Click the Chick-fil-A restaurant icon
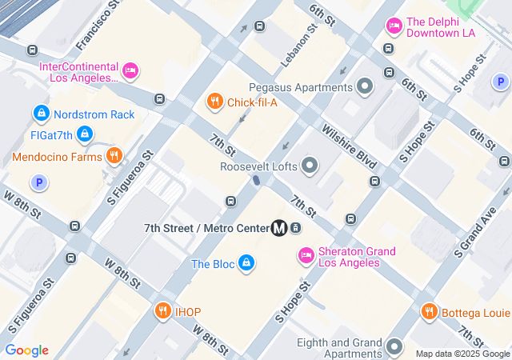point(214,102)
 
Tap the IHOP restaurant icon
point(163,311)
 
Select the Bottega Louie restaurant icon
point(429,312)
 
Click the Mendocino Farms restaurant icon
point(114,156)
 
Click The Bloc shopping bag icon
point(246,263)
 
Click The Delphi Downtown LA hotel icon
point(394,28)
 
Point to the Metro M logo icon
point(279,228)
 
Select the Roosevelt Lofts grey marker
point(310,166)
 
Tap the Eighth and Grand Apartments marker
point(394,346)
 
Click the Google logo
point(26,350)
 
